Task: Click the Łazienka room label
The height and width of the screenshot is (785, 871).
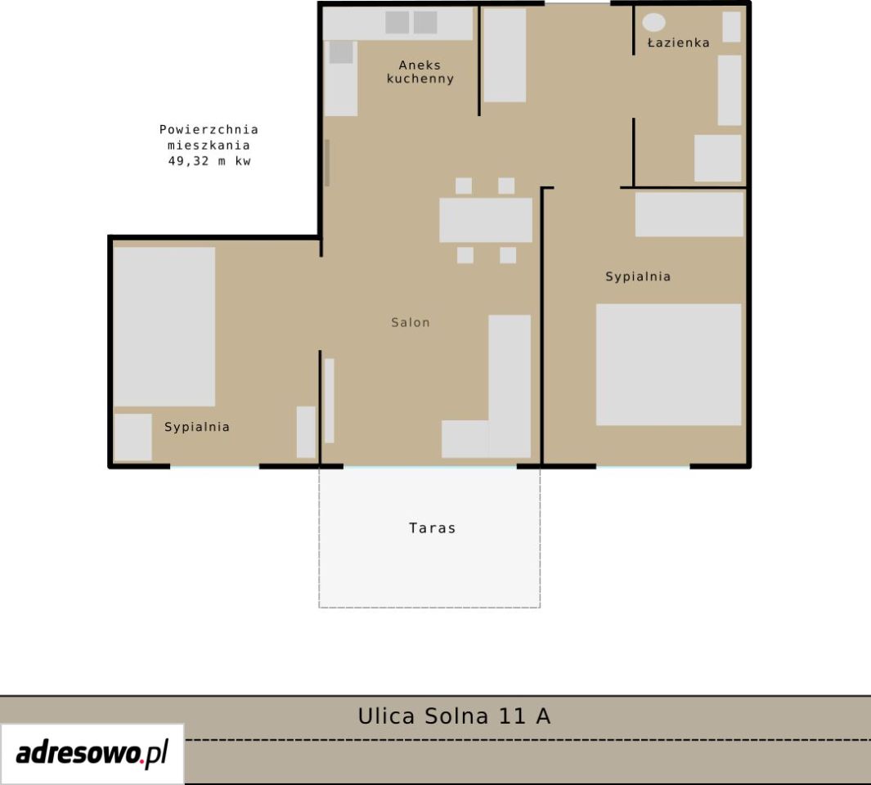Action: [x=678, y=43]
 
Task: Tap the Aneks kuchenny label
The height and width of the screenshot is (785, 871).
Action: [x=420, y=72]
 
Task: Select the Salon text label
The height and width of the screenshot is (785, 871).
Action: [x=411, y=322]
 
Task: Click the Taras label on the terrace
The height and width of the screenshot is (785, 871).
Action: [x=432, y=527]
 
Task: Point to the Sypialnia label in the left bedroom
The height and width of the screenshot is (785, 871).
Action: [x=196, y=427]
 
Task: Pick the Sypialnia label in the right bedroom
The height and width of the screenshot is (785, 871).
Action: [x=638, y=276]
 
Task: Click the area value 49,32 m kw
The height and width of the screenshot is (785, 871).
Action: [x=209, y=161]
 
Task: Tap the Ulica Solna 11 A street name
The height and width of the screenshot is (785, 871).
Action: [x=454, y=715]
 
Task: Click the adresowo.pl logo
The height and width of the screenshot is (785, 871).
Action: [x=92, y=753]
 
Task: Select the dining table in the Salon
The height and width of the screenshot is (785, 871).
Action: [x=486, y=220]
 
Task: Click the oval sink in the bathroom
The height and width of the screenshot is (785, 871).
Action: [x=653, y=22]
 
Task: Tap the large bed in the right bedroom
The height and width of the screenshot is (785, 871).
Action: [x=668, y=365]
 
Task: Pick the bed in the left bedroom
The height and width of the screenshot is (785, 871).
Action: [x=164, y=326]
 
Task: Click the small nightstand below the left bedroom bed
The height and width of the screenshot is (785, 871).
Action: [x=132, y=437]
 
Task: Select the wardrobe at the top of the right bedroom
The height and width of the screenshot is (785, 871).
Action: [x=689, y=214]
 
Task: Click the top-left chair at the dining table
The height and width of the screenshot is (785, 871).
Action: [x=463, y=186]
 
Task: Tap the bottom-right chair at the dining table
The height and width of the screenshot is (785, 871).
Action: [x=508, y=255]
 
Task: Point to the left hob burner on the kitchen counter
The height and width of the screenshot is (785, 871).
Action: [x=397, y=22]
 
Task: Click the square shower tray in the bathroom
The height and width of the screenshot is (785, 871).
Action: [x=718, y=158]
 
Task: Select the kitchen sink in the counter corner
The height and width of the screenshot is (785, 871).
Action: [x=341, y=52]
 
